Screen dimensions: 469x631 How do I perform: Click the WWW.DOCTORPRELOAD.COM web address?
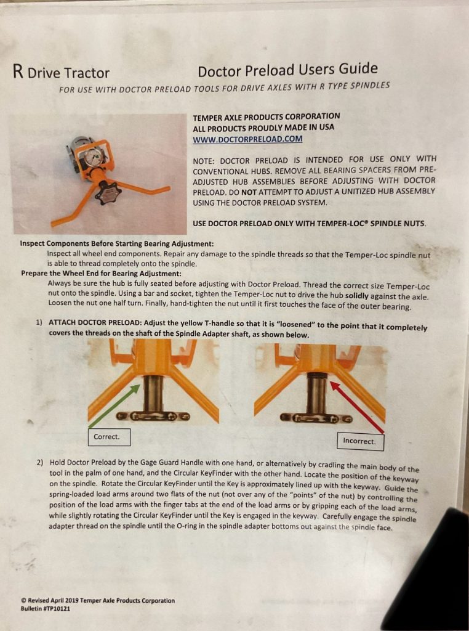point(247,139)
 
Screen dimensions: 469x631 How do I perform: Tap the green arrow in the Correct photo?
point(114,406)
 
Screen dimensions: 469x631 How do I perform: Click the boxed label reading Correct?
point(110,437)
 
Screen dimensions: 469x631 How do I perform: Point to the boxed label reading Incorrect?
point(361,441)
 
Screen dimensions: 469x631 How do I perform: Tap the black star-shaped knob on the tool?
point(106,195)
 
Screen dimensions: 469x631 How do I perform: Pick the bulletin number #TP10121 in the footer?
point(55,608)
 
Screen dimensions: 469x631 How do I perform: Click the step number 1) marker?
point(39,322)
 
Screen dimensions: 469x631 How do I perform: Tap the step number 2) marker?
point(40,462)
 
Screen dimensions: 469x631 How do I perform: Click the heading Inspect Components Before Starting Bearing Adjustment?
point(117,244)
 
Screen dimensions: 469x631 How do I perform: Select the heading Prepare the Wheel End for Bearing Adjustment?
point(102,273)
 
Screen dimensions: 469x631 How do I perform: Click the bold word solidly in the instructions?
point(357,296)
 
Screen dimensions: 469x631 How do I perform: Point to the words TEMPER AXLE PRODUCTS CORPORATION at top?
point(267,117)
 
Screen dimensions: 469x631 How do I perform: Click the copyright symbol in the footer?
point(24,600)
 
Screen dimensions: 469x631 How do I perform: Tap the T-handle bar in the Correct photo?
point(152,416)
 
